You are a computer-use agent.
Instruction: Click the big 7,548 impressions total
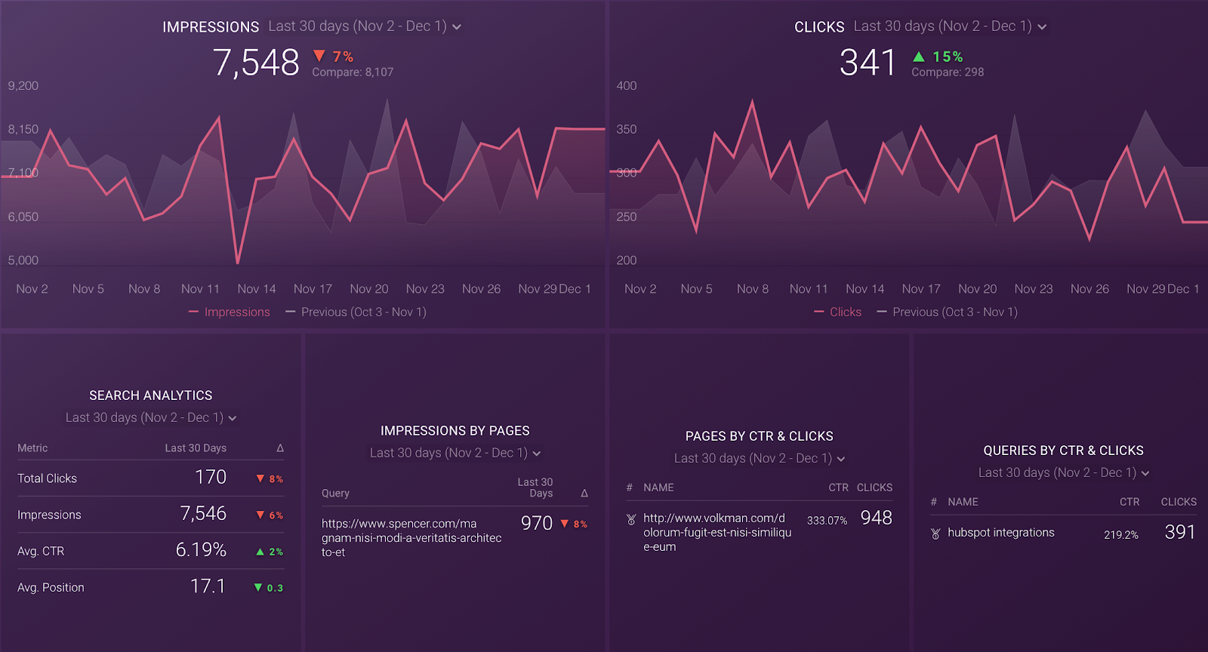[x=256, y=63]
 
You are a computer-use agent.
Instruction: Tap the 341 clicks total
[x=867, y=63]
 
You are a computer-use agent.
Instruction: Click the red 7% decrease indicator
[x=334, y=57]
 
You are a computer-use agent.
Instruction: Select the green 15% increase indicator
[x=938, y=57]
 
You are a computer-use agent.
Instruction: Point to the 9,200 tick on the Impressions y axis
[x=23, y=86]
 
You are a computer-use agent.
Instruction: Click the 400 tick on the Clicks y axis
[x=627, y=86]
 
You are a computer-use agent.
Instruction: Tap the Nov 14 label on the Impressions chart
[x=257, y=289]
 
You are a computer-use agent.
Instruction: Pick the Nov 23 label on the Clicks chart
[x=1034, y=289]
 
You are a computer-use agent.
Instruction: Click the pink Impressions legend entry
[x=236, y=312]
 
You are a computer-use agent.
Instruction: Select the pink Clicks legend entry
[x=845, y=312]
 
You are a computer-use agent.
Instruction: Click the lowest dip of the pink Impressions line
[x=238, y=262]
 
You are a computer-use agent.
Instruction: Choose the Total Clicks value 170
[x=211, y=478]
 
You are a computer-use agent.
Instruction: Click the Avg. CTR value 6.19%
[x=201, y=550]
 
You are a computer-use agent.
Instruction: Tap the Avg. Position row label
[x=51, y=588]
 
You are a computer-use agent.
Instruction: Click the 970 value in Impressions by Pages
[x=537, y=524]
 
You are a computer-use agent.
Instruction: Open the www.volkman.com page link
[x=716, y=532]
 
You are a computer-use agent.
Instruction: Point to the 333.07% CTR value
[x=827, y=521]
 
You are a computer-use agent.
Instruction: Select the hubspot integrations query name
[x=1001, y=533]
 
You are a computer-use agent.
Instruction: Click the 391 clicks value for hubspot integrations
[x=1180, y=533]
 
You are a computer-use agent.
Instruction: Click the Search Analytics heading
[x=151, y=395]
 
